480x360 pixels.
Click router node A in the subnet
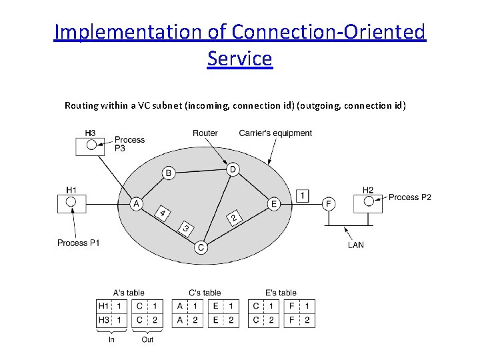[137, 203]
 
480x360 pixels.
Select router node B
[169, 173]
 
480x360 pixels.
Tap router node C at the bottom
[201, 247]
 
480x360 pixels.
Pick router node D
[233, 169]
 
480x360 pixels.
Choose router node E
[273, 203]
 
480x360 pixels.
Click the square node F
[327, 203]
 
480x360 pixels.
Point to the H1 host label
[71, 190]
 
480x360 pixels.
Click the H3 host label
[90, 133]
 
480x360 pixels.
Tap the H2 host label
[368, 189]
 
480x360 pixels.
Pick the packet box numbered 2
[233, 218]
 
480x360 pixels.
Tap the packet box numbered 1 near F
[303, 195]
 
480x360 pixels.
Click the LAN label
[356, 245]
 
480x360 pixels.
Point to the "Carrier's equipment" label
[275, 133]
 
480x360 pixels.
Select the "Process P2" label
[409, 197]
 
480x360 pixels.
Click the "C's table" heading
[204, 293]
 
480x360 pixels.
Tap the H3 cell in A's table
[105, 320]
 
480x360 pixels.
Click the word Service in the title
[239, 59]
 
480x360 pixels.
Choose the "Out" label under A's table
[147, 339]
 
